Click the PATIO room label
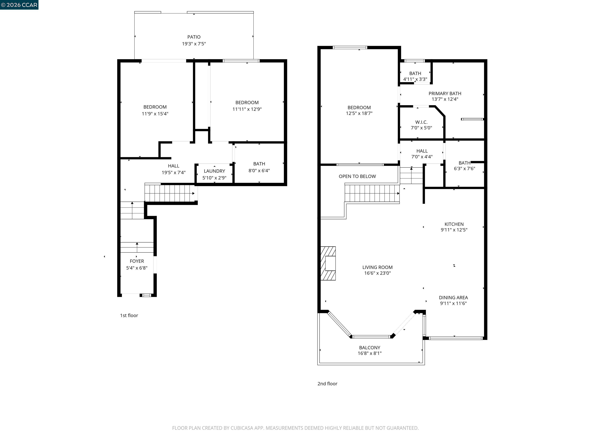194,37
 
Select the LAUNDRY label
214,171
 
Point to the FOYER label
137,261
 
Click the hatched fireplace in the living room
328,263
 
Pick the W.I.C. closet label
421,122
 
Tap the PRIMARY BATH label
445,93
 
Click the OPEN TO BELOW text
357,177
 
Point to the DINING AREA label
453,297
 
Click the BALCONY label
370,348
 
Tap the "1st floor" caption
129,315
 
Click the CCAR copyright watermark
19,5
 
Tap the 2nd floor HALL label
422,151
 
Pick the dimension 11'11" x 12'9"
247,109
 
